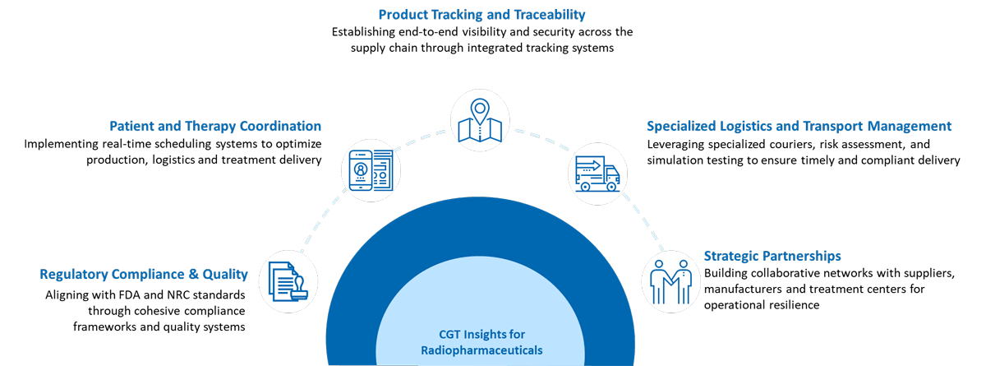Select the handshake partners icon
[670, 280]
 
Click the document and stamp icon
[288, 280]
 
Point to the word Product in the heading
[402, 15]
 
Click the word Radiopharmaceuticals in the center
[481, 350]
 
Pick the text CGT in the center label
[449, 334]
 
